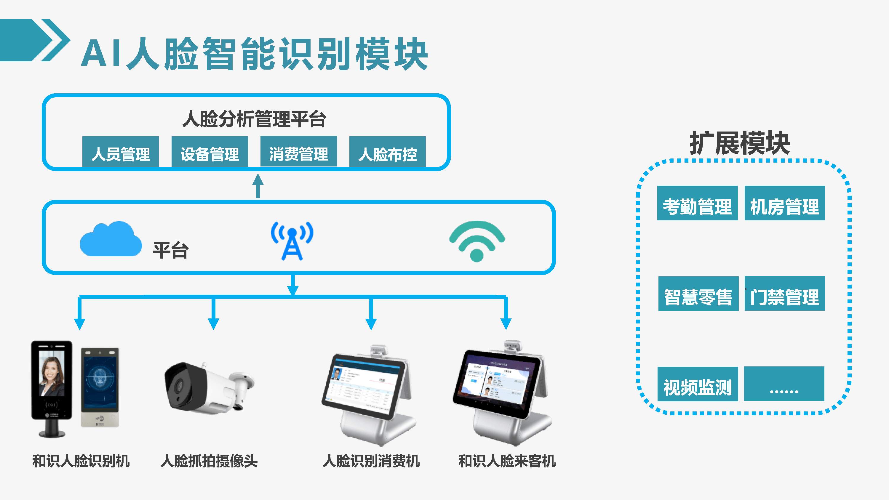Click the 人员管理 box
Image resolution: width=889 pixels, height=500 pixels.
click(x=120, y=152)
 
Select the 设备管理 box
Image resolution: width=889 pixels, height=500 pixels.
click(x=210, y=152)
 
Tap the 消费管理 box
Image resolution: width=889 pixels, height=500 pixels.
click(x=298, y=152)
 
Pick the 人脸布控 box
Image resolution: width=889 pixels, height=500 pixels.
click(x=387, y=152)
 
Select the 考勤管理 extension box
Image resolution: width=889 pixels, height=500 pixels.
click(x=697, y=203)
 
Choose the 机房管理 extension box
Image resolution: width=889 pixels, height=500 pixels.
click(x=784, y=203)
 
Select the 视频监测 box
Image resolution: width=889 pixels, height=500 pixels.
click(x=698, y=384)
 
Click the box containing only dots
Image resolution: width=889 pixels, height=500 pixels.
click(x=784, y=384)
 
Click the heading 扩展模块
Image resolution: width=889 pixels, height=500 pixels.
click(x=740, y=143)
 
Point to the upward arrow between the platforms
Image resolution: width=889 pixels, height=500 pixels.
click(x=258, y=186)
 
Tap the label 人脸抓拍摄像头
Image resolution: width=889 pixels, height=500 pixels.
click(x=209, y=461)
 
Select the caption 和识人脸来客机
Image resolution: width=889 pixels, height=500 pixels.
click(x=507, y=461)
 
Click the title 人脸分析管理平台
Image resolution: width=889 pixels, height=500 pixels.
click(x=254, y=119)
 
